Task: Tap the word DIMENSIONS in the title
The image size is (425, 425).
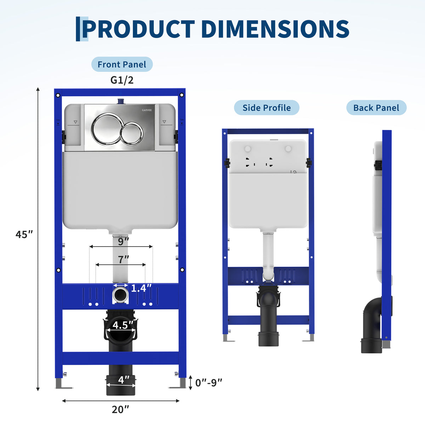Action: click(x=275, y=29)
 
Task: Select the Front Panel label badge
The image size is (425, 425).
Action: click(x=122, y=64)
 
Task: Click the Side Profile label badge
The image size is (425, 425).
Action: click(x=267, y=108)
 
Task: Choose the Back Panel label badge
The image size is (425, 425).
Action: click(x=376, y=108)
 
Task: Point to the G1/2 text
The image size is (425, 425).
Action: click(x=122, y=80)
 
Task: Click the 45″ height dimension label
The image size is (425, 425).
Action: click(x=24, y=234)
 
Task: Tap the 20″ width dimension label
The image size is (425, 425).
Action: click(x=120, y=409)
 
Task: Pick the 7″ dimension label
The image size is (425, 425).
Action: click(x=123, y=259)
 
